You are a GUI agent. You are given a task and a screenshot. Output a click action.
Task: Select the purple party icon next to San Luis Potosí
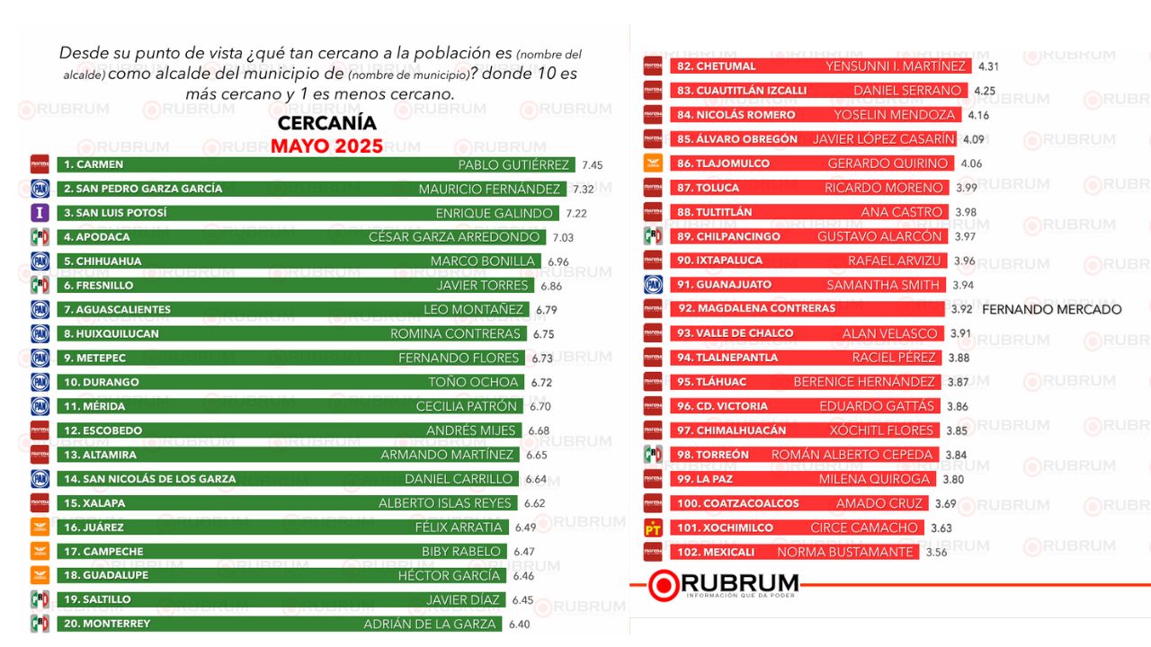click(x=40, y=213)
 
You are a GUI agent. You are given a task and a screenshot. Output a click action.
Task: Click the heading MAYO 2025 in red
click(x=326, y=146)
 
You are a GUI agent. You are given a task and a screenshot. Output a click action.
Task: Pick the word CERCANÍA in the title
click(x=326, y=123)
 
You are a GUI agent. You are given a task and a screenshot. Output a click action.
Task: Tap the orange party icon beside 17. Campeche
click(x=40, y=551)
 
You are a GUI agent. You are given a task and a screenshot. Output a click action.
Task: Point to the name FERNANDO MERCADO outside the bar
click(x=1051, y=309)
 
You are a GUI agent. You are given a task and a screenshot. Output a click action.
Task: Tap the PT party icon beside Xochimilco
click(x=654, y=527)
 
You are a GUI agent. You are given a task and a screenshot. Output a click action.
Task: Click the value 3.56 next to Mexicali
click(x=936, y=553)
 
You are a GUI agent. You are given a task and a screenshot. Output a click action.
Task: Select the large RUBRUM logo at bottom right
click(x=724, y=584)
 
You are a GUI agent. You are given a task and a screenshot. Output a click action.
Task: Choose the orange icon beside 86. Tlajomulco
click(x=654, y=164)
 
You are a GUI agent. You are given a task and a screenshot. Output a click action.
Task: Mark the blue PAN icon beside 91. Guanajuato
click(x=654, y=285)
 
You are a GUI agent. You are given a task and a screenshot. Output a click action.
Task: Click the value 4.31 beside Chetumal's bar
click(x=988, y=66)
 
